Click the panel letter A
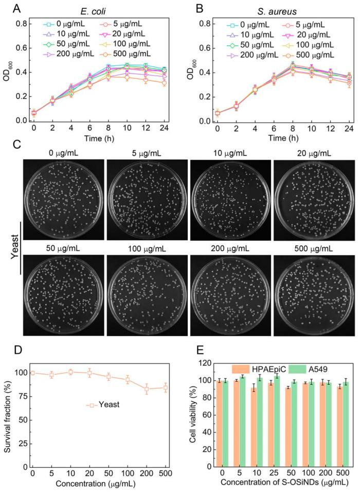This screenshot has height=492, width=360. tap(8, 8)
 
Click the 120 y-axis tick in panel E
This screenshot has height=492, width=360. tap(203, 363)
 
